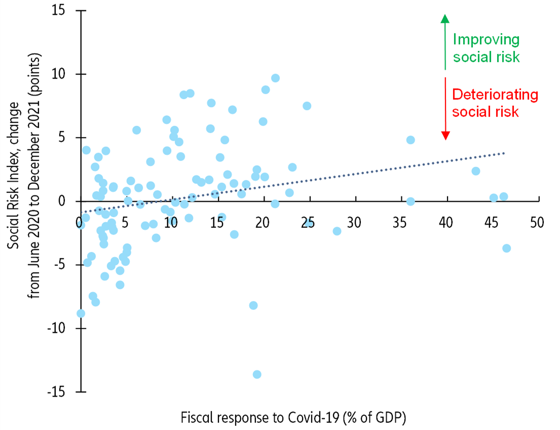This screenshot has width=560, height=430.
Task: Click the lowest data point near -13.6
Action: click(257, 374)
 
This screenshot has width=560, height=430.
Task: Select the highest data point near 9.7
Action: click(275, 78)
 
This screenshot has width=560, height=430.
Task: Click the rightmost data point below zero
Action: click(506, 248)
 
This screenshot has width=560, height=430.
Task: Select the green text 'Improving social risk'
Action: click(486, 48)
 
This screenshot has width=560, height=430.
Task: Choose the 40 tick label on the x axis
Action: click(445, 223)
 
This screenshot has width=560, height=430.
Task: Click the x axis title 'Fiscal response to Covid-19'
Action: click(293, 418)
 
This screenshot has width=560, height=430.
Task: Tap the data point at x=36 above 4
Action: click(410, 140)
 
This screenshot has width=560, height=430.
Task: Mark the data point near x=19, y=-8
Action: click(253, 305)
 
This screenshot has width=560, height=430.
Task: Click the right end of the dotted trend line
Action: click(504, 152)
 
